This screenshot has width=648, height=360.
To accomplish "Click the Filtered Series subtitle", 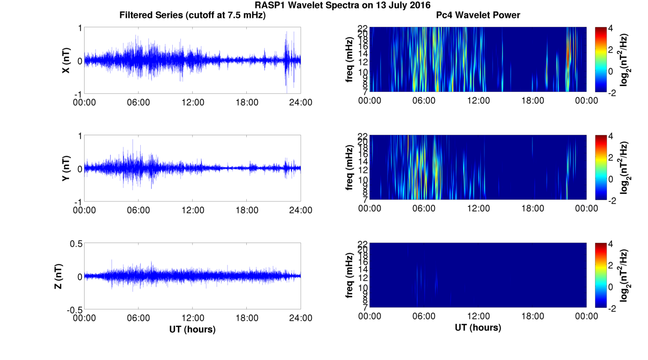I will tap(192, 16).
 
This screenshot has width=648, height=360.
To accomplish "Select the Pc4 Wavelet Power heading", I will tap(478, 16).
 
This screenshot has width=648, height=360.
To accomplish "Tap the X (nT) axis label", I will tap(66, 60).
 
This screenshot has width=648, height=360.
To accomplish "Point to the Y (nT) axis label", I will tap(66, 169).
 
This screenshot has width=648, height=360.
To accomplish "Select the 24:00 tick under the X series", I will tap(301, 102).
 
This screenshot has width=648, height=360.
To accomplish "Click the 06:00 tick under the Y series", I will tap(138, 210).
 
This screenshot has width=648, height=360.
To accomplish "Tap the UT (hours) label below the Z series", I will tap(192, 329).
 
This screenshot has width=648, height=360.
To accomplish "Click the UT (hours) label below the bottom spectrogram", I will tap(478, 328).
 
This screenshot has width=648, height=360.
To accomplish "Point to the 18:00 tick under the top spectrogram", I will tap(532, 101).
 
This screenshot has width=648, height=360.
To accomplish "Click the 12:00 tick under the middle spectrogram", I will tap(478, 208).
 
